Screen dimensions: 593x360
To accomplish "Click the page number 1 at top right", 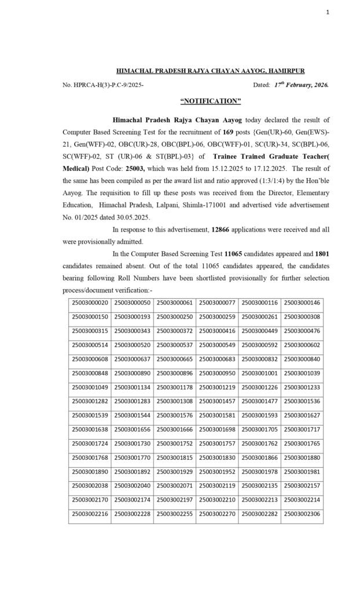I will coord(327,12).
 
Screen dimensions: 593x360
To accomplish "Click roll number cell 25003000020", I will coord(90,303).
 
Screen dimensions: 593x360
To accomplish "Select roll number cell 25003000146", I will coord(302,303).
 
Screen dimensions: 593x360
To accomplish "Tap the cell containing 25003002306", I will coord(302,514).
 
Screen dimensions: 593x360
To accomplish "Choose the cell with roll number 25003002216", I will coord(90,514).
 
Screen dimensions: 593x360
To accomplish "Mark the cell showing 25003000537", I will coord(175,345).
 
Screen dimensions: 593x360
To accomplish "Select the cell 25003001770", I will coord(133,457).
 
